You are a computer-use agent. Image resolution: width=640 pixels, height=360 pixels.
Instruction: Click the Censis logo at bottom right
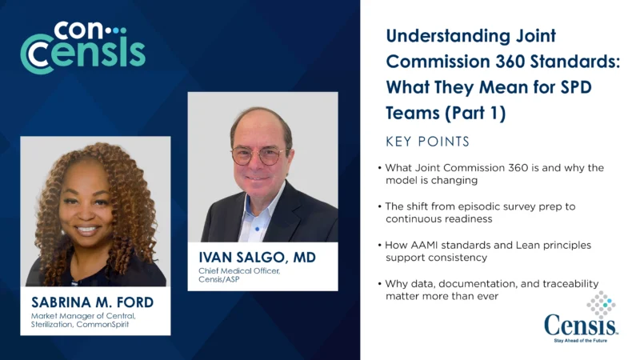click(580, 323)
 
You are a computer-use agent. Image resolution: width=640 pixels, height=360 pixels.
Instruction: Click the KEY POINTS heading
click(427, 142)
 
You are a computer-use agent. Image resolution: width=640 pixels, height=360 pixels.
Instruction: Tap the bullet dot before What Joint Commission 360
click(379, 168)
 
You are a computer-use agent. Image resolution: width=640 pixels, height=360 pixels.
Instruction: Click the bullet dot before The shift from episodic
click(379, 206)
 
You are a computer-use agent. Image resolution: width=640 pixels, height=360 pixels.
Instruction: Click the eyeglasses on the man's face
click(258, 154)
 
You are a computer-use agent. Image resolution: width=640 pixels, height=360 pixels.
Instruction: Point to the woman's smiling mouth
click(87, 230)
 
